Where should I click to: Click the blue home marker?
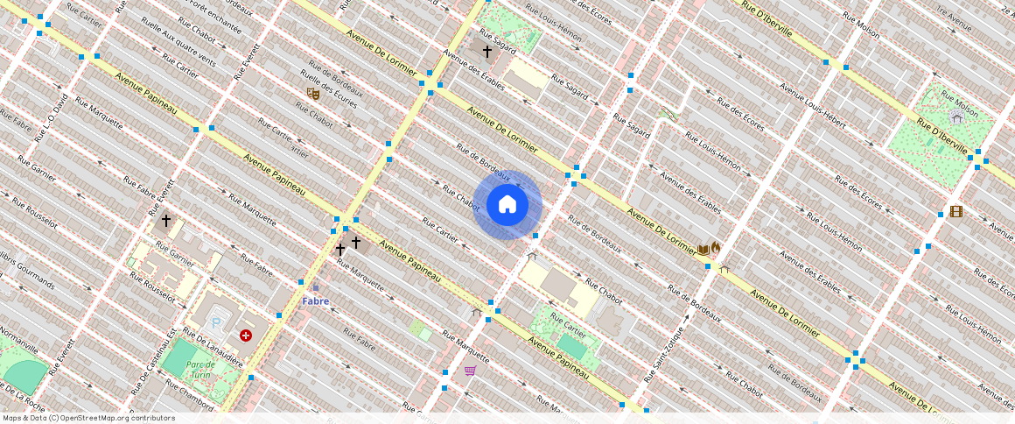pyautogui.click(x=507, y=205)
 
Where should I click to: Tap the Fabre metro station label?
pyautogui.click(x=316, y=300)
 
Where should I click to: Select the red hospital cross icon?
pyautogui.click(x=246, y=336)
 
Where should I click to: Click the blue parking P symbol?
pyautogui.click(x=216, y=323)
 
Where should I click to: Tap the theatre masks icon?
pyautogui.click(x=311, y=94)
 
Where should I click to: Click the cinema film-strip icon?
pyautogui.click(x=955, y=211)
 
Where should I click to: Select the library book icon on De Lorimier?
pyautogui.click(x=703, y=250)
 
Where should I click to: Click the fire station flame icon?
pyautogui.click(x=716, y=249)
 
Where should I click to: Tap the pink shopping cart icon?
pyautogui.click(x=470, y=371)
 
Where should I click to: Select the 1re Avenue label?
pyautogui.click(x=954, y=12)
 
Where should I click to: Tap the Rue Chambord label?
pyautogui.click(x=185, y=393)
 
